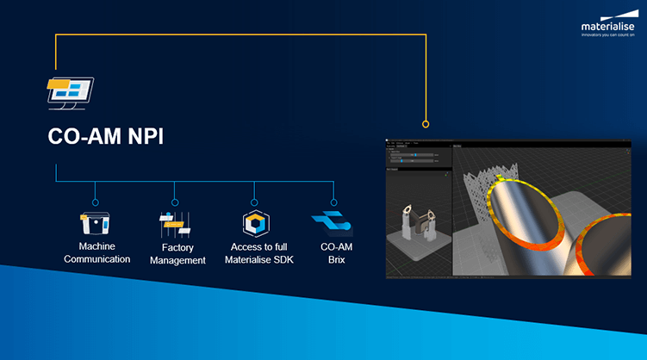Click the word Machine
[96, 246]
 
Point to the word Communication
[96, 259]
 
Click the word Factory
[177, 247]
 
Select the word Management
[177, 260]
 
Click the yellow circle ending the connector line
[425, 122]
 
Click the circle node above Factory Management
[175, 202]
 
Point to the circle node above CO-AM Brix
[333, 202]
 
